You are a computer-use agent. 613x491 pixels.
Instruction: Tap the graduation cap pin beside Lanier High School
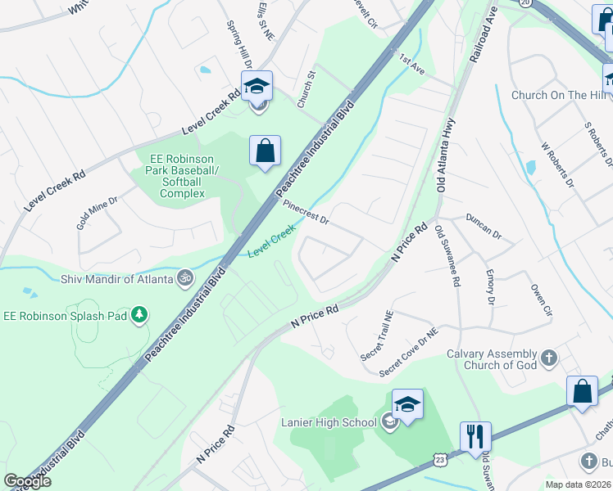tap(407, 404)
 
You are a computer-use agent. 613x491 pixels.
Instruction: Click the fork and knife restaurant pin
tap(475, 437)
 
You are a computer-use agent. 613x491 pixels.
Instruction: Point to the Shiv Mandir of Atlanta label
tap(116, 278)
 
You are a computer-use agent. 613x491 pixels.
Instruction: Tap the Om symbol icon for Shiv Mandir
tap(185, 277)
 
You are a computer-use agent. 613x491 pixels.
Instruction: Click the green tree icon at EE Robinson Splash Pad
tap(140, 313)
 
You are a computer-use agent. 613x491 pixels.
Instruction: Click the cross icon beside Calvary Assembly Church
tap(548, 358)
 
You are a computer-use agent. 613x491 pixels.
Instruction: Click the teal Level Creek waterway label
tap(271, 243)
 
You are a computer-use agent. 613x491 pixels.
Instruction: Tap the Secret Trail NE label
tap(378, 336)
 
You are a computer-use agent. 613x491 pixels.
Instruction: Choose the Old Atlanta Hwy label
tap(447, 155)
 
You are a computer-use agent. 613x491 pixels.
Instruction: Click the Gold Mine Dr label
tap(98, 210)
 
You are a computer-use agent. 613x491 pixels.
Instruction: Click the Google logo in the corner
tap(29, 481)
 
